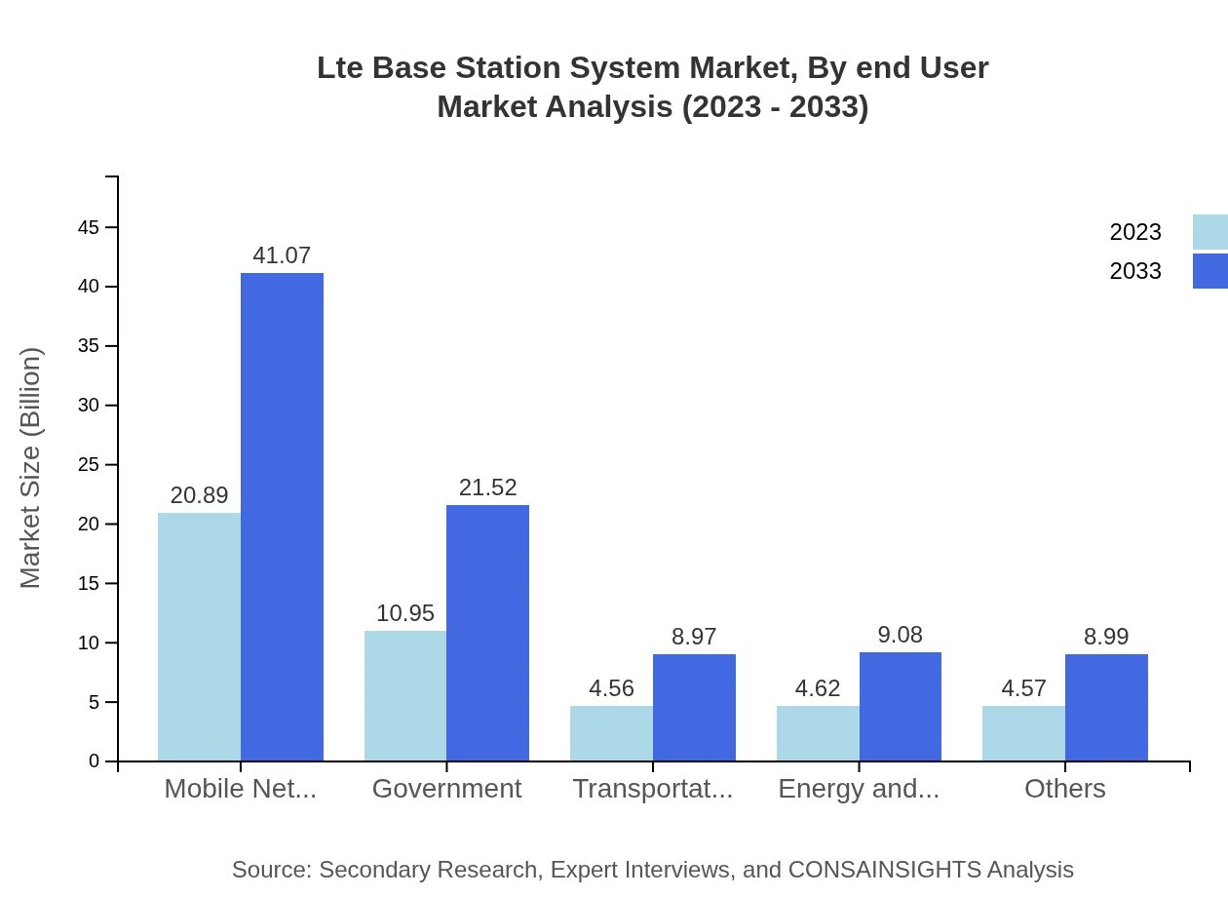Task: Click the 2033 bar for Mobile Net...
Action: (282, 517)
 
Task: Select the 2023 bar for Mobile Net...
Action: (199, 637)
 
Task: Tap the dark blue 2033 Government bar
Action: (487, 633)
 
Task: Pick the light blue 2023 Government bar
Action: (405, 695)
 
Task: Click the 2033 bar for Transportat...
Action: (694, 707)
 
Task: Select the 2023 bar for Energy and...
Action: (818, 733)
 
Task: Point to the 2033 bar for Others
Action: (1106, 707)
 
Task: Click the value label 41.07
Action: (282, 255)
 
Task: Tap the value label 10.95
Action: (405, 613)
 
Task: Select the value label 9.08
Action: (900, 635)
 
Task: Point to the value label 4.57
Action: (1023, 688)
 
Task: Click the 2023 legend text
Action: (1135, 232)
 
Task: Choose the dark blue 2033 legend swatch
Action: (1209, 271)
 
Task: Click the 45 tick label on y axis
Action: (89, 227)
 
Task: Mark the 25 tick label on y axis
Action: (89, 465)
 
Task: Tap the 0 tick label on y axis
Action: (95, 761)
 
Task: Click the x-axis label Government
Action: (446, 789)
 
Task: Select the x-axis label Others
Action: (1064, 789)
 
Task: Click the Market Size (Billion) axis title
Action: (31, 468)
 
